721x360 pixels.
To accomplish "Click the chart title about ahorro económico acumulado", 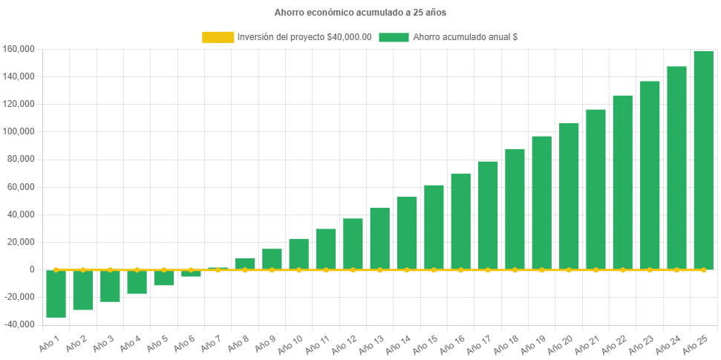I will (360, 13).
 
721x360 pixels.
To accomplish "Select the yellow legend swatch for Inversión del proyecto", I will (217, 37).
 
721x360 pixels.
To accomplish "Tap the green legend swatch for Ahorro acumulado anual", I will (394, 37).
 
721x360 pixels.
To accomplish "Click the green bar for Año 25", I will (703, 160).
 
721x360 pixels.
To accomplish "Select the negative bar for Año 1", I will (56, 294).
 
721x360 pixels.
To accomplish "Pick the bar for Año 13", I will (379, 238).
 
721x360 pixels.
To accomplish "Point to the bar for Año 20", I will (569, 196).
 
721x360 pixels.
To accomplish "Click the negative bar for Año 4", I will (137, 282).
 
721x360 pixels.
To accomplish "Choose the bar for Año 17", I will (488, 215).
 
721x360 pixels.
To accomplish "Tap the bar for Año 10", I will (298, 254).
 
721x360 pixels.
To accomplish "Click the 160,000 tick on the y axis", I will (19, 49).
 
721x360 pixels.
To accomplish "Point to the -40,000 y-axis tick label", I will (18, 324).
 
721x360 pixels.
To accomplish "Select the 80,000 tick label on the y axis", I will (22, 159).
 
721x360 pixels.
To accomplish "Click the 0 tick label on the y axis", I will (32, 269).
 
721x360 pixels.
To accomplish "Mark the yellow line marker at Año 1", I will (56, 269).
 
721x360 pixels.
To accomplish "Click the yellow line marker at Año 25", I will (703, 269).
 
